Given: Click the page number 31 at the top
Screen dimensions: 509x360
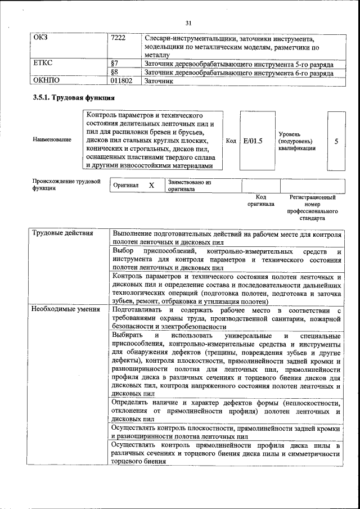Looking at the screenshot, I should pos(188,22).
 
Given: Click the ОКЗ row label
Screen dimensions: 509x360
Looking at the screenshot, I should pos(40,38).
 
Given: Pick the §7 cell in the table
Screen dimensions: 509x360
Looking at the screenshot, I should pos(114,64).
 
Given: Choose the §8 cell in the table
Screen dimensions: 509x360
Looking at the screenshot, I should pos(114,72).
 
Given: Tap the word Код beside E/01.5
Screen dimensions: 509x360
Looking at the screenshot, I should pos(231,141).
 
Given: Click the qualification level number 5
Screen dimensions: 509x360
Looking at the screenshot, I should pos(336,141).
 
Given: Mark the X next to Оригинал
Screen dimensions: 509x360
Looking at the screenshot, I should pos(151,185).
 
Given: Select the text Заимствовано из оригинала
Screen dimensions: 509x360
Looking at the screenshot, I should pos(189,186).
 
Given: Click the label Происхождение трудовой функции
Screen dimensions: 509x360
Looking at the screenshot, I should pos(66,185).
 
